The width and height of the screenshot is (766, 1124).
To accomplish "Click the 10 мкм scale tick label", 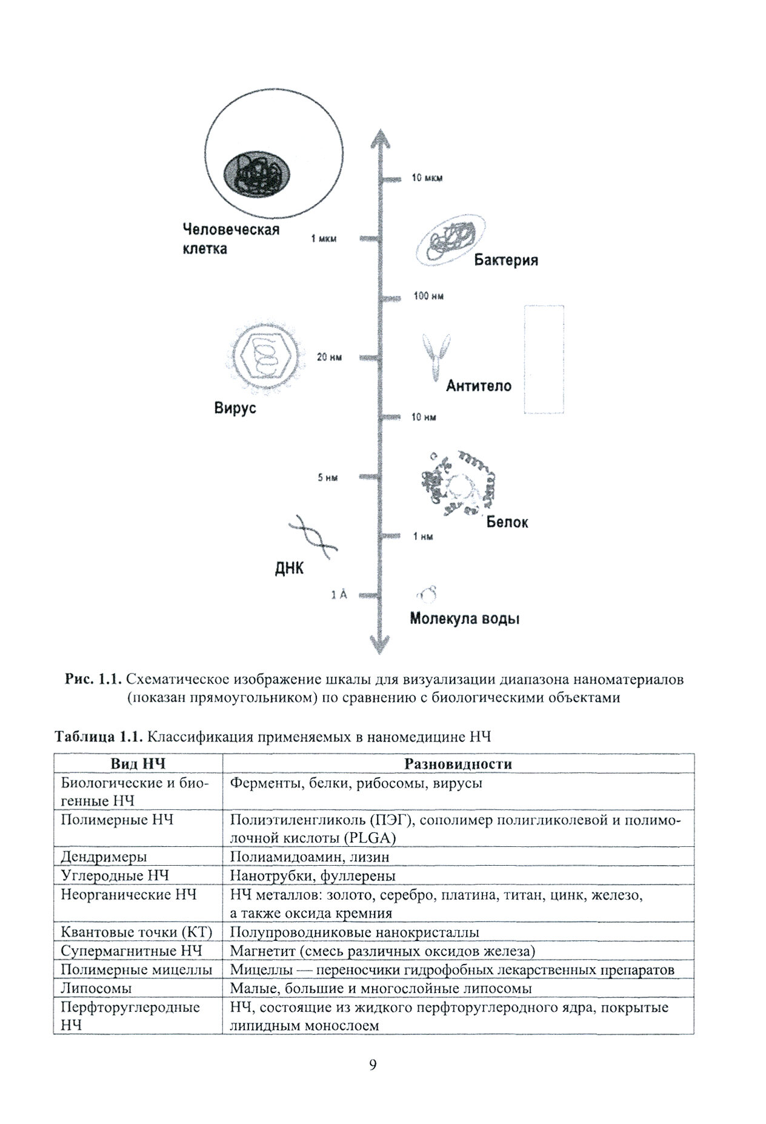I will pyautogui.click(x=427, y=178).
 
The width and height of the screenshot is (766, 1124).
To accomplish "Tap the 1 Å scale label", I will pyautogui.click(x=339, y=595).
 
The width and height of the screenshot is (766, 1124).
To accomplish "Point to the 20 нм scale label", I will pyautogui.click(x=329, y=357).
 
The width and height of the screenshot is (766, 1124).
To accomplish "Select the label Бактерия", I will pyautogui.click(x=506, y=260).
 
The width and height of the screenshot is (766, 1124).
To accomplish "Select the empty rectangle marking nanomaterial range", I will pyautogui.click(x=544, y=360).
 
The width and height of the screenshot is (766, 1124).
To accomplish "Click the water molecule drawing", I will pyautogui.click(x=427, y=595).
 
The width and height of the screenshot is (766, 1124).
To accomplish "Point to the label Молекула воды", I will pyautogui.click(x=465, y=619).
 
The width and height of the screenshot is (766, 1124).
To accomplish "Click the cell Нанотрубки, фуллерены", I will pyautogui.click(x=313, y=875).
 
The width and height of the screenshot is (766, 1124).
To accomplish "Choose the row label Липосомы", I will pyautogui.click(x=96, y=988).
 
